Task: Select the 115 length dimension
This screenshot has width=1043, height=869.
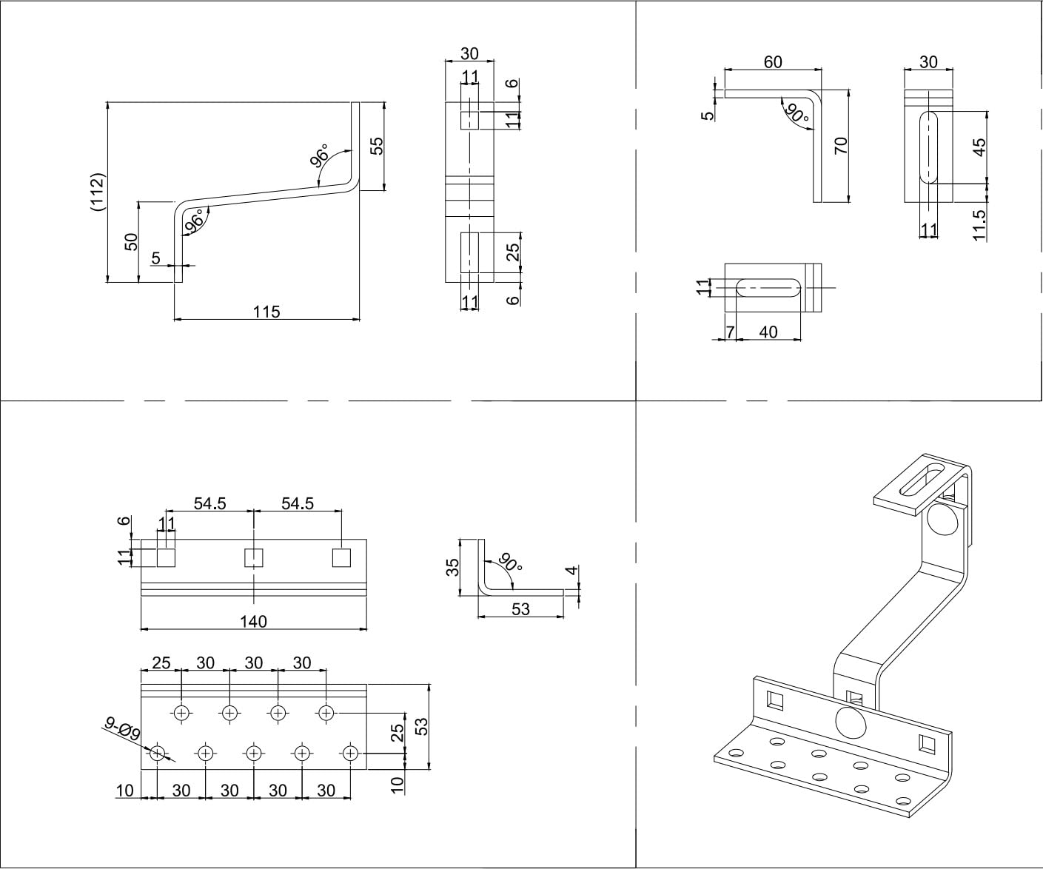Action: click(266, 312)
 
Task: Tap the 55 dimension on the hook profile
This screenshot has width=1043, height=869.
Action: click(377, 146)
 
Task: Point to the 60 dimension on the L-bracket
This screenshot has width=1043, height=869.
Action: click(773, 62)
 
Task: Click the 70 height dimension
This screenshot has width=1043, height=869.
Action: click(841, 145)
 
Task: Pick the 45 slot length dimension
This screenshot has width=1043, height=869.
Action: click(979, 147)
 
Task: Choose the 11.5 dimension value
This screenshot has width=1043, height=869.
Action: click(979, 224)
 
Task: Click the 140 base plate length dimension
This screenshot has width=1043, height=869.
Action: click(253, 621)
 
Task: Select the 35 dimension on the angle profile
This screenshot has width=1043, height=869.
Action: click(454, 567)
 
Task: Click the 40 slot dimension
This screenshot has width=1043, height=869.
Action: click(768, 332)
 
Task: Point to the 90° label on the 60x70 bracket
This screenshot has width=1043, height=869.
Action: click(797, 113)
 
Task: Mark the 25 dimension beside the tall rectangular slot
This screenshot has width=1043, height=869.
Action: click(512, 252)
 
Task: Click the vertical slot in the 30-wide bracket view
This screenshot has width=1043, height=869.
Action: click(928, 148)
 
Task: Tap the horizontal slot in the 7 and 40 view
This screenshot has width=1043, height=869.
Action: click(769, 287)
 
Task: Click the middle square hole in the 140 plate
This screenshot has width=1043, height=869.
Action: click(254, 557)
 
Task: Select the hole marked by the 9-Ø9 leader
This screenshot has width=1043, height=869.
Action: click(158, 754)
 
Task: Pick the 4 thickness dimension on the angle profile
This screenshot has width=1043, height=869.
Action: click(570, 571)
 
